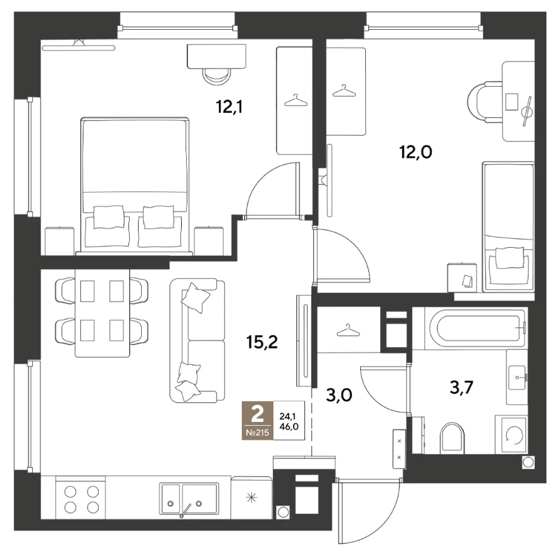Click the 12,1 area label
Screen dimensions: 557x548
(229, 106)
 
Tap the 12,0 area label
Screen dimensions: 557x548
(416, 152)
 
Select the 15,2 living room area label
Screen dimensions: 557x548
(262, 342)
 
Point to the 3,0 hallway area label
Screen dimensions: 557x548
(339, 395)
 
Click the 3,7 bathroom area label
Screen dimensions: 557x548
(461, 387)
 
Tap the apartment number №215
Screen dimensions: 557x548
(258, 433)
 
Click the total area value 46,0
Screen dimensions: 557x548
(289, 426)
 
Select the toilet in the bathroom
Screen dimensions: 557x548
(452, 438)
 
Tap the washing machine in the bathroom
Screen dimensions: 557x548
(511, 434)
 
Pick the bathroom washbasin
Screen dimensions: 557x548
(517, 376)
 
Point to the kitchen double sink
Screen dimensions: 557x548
(189, 498)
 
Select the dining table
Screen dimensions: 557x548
(103, 312)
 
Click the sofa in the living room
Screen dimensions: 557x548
(197, 340)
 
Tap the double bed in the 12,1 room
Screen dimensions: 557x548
(135, 185)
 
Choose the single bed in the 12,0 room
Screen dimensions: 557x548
(508, 227)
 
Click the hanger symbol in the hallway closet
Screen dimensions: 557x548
(347, 331)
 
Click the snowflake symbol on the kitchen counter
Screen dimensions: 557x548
(251, 498)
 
